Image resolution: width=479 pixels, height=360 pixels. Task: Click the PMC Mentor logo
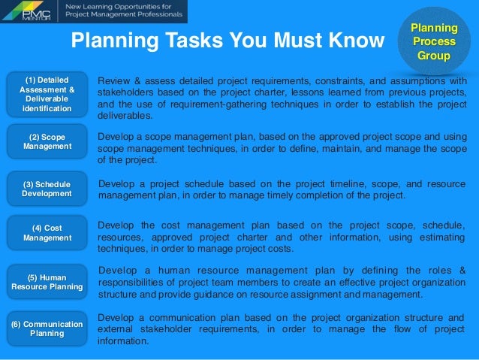29,11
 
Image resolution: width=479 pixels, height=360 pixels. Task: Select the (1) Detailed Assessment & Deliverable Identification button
46,94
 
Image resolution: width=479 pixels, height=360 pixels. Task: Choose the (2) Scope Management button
46,141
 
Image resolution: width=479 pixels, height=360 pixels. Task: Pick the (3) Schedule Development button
46,189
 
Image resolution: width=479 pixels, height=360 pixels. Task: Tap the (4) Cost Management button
46,233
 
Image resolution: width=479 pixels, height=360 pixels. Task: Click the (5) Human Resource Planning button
46,281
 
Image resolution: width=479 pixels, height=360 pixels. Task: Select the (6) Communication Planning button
46,328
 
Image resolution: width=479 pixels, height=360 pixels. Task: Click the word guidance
230,295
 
